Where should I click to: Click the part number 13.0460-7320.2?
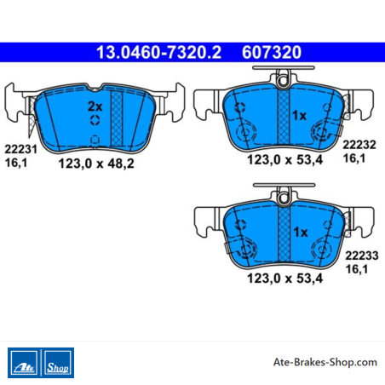point(158,53)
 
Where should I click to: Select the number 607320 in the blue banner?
point(272,53)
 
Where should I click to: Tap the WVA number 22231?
point(20,149)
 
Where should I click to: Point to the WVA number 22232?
point(359,145)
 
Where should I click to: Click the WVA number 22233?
point(362,256)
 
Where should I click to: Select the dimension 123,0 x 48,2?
point(96,164)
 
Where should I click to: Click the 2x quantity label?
point(95,106)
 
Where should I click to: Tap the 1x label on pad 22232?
point(300,116)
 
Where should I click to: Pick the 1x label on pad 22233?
point(301,233)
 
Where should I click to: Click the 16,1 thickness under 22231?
point(16,163)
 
